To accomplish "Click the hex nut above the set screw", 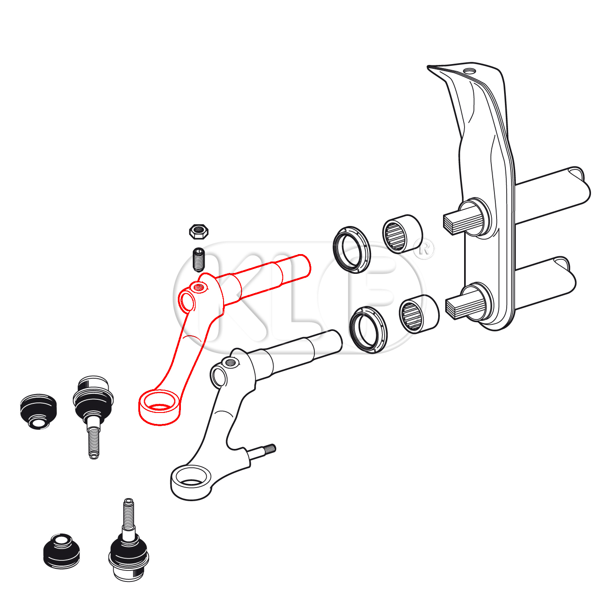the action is tap(199, 232).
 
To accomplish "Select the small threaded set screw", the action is tap(198, 259).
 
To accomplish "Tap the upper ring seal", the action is tap(351, 250).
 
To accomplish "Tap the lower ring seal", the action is tap(368, 330).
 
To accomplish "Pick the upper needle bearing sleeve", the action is tap(403, 234).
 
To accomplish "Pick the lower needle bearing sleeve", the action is tap(419, 314).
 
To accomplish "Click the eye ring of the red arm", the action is tap(159, 407).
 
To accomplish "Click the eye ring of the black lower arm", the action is tap(191, 483).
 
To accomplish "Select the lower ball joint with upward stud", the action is tap(128, 539).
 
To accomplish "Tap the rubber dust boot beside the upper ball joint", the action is tap(39, 412).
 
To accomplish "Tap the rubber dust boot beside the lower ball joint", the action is tap(61, 551).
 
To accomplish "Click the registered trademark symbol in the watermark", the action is tap(424, 249).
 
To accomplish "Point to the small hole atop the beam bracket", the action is tap(469, 71).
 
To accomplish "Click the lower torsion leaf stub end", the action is tap(455, 308).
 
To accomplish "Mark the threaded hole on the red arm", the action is tap(198, 287).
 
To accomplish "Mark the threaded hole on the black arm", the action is tap(231, 362).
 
